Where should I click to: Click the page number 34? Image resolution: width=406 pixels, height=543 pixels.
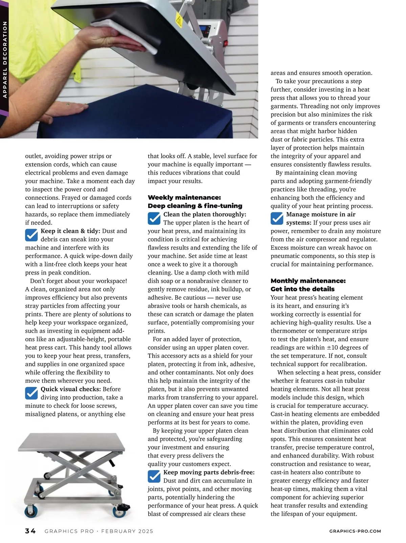tap(30, 531)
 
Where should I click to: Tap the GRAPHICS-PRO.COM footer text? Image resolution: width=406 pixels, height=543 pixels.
tap(355, 531)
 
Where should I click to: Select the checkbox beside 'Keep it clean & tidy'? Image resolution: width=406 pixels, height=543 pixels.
tap(31, 235)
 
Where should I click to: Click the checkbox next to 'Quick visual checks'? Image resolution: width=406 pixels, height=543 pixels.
tap(31, 393)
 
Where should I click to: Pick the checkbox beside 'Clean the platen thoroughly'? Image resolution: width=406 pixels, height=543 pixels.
tap(154, 218)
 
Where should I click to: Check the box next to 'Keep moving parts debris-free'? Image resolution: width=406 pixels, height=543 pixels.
tap(154, 476)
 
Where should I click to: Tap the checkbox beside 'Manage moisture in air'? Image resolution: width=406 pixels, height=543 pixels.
tap(277, 218)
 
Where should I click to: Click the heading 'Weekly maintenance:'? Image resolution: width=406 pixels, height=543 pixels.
tap(184, 197)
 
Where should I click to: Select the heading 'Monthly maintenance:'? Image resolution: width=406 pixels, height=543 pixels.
tap(308, 281)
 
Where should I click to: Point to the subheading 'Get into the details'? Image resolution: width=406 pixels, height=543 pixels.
tap(302, 289)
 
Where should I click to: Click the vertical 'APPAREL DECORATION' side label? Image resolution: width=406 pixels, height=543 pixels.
tap(5, 60)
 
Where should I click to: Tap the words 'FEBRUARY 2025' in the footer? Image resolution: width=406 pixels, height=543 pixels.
tap(127, 531)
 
